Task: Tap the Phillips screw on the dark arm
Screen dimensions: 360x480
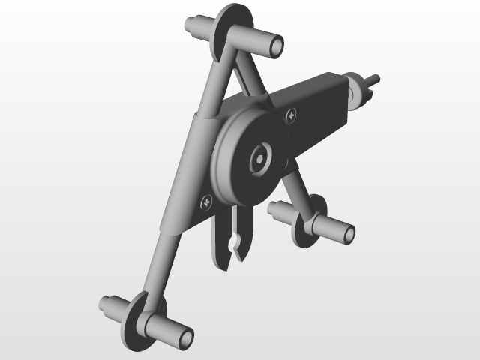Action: pos(291,115)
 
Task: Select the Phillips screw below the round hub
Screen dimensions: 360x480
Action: pos(206,201)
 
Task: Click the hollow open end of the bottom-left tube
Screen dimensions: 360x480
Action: pos(184,339)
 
